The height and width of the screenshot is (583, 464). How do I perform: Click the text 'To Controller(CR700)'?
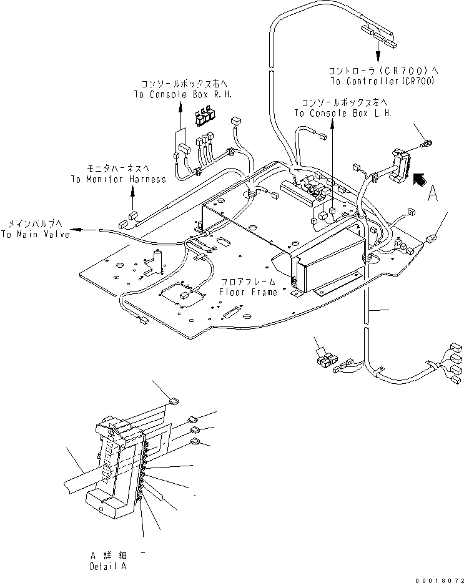click(382, 82)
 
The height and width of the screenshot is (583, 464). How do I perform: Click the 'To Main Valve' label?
click(35, 234)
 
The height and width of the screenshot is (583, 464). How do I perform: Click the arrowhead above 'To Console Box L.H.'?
click(333, 123)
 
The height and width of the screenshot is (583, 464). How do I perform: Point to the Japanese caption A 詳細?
click(107, 555)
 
